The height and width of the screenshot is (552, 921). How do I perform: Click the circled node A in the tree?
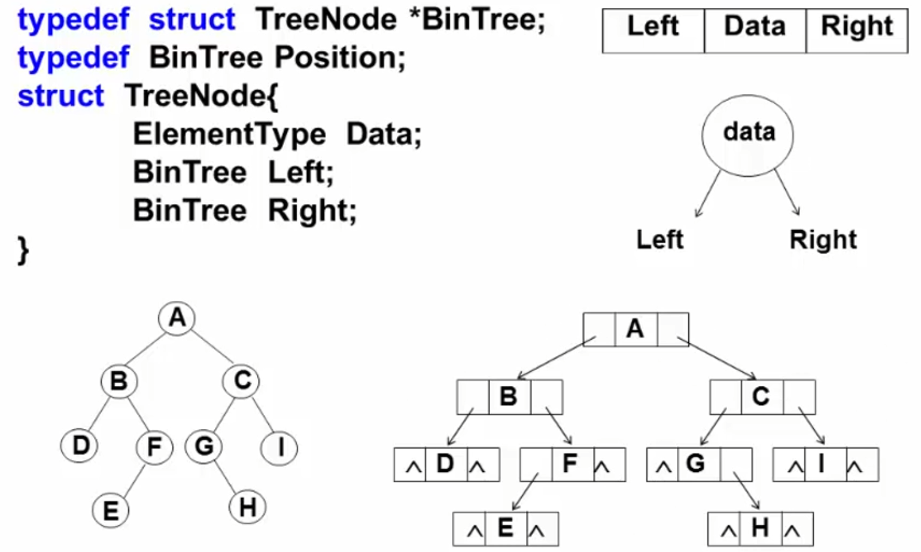pyautogui.click(x=177, y=318)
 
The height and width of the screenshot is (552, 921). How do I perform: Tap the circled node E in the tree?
pyautogui.click(x=111, y=511)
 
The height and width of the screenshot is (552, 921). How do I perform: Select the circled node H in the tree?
pyautogui.click(x=247, y=507)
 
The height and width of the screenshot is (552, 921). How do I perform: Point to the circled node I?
pyautogui.click(x=279, y=447)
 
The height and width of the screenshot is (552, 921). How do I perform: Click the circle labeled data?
pyautogui.click(x=748, y=135)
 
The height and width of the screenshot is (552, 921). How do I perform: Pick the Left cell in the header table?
pyautogui.click(x=653, y=30)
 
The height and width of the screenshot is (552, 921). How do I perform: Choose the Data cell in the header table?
pyautogui.click(x=755, y=30)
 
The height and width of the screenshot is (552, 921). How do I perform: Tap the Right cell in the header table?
pyautogui.click(x=856, y=30)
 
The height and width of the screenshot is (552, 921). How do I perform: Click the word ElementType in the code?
pyautogui.click(x=229, y=134)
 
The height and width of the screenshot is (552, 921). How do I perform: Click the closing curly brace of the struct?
pyautogui.click(x=23, y=249)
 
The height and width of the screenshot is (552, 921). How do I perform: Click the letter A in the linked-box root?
pyautogui.click(x=635, y=329)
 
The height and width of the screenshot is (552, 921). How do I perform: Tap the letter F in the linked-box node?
pyautogui.click(x=570, y=463)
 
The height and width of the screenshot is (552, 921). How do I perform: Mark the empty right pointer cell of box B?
pyautogui.click(x=546, y=396)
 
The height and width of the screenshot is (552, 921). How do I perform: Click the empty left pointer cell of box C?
pyautogui.click(x=725, y=397)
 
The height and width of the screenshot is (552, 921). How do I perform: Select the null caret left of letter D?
pyautogui.click(x=413, y=466)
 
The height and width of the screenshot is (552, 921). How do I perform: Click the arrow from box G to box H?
pyautogui.click(x=746, y=489)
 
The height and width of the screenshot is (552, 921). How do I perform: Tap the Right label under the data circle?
pyautogui.click(x=823, y=240)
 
